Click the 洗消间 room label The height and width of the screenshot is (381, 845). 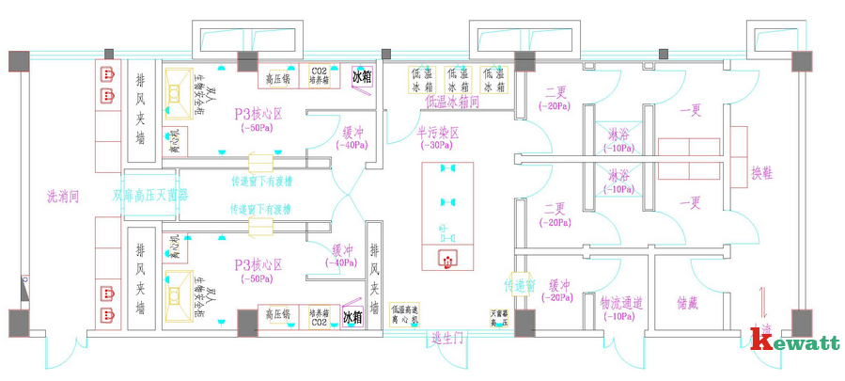click(64, 198)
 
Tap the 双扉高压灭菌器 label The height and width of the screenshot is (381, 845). click(150, 197)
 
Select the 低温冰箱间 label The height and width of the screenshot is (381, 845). click(452, 101)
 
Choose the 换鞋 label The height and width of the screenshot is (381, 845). click(761, 174)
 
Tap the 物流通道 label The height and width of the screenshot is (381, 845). click(621, 303)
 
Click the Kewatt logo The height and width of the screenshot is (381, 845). click(794, 341)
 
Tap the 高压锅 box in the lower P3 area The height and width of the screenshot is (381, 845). click(280, 316)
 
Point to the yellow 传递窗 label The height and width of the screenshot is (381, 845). click(519, 284)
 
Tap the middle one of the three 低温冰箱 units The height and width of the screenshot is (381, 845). click(458, 80)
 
